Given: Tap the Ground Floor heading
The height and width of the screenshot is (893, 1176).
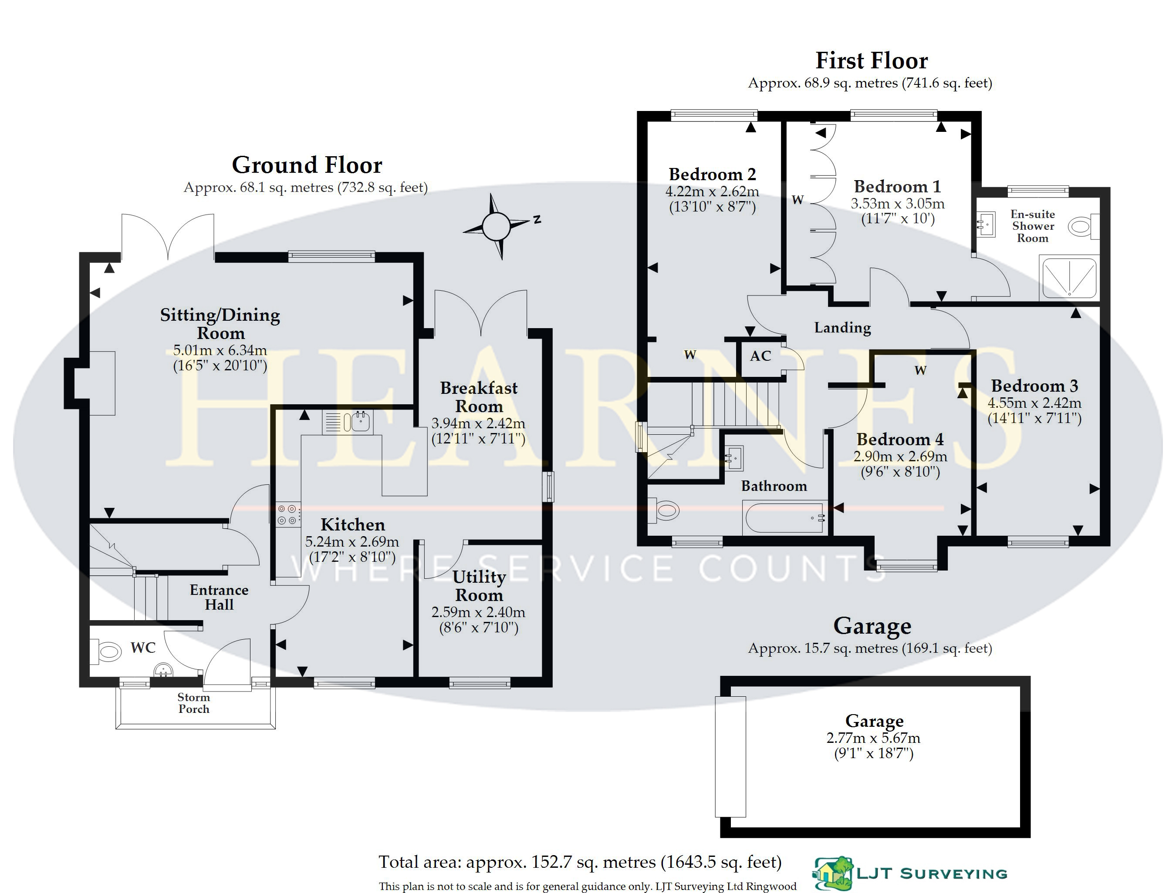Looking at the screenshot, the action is click(307, 165).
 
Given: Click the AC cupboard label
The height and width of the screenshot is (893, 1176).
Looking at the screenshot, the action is click(760, 356).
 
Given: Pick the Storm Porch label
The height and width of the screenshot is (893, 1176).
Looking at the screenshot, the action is click(194, 703).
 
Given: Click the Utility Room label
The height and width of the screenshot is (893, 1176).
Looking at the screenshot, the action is click(479, 585).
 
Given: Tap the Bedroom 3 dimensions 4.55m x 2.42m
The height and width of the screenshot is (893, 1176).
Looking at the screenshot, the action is click(1034, 403).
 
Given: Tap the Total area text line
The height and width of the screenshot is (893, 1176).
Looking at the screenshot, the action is click(580, 862).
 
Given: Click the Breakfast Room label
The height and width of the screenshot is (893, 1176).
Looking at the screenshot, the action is click(479, 397).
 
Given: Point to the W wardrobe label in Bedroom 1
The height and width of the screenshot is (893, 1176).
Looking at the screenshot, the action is click(798, 200).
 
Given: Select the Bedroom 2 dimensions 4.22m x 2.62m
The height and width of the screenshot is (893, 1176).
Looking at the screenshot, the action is click(712, 191).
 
